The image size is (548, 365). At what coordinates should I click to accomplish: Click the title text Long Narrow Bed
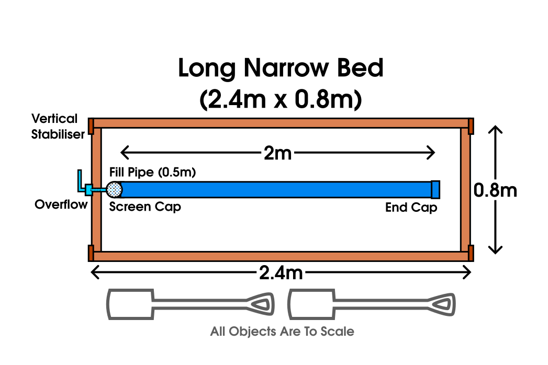point(281,69)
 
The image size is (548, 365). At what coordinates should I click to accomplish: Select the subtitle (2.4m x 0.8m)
point(281,99)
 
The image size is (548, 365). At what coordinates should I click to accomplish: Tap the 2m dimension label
point(277,153)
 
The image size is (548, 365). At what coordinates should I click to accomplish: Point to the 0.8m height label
point(495,190)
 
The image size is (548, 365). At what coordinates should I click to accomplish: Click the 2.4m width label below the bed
point(281,272)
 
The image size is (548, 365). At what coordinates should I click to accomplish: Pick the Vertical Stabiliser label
point(58,126)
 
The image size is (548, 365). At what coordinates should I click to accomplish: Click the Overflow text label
point(61,204)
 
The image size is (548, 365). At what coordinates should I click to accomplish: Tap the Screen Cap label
point(145,207)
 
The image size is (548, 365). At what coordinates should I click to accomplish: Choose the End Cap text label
point(411,208)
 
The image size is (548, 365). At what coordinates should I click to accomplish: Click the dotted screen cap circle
point(114,189)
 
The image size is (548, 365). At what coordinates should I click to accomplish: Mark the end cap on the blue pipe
point(435,189)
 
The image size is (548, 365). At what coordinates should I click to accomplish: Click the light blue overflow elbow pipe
point(82,184)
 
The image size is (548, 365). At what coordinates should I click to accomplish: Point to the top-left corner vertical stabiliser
point(91,126)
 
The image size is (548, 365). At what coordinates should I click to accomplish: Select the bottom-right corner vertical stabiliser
point(471,253)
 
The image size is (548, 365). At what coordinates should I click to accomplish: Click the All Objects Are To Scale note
point(282,332)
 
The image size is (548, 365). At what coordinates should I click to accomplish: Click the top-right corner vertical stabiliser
point(471,126)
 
